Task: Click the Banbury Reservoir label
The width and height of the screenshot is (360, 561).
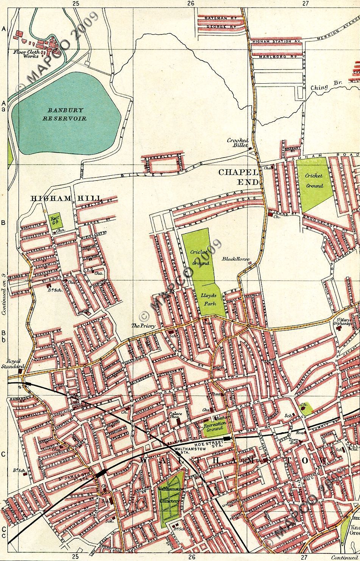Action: [x=67, y=114]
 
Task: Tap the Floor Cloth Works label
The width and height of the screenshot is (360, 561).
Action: [x=26, y=54]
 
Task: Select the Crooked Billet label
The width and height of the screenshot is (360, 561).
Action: [x=237, y=143]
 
